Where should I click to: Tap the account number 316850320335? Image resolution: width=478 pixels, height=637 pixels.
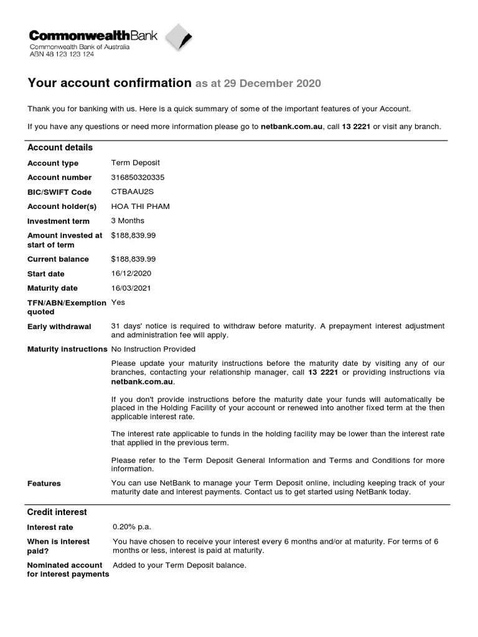point(138,177)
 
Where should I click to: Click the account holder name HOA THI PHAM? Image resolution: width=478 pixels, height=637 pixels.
point(140,206)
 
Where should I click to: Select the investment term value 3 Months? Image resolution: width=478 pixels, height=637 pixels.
point(128,221)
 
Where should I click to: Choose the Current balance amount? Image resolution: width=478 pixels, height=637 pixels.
point(133,259)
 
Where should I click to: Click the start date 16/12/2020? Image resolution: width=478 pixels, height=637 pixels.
point(131,274)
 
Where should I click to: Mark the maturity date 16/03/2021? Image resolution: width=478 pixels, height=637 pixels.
point(131,288)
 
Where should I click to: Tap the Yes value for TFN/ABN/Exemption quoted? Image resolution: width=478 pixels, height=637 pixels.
point(118,302)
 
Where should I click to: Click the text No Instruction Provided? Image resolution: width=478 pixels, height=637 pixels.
point(153,349)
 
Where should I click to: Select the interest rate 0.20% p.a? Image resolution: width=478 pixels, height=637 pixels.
point(132,527)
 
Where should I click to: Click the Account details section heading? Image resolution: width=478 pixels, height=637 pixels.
point(60,147)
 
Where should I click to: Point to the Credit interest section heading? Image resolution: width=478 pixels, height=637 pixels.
point(57,512)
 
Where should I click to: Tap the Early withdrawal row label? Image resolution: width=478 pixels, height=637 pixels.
point(59,327)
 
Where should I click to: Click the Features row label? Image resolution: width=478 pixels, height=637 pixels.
point(44,483)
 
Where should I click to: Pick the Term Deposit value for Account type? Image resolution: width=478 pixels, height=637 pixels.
point(135,163)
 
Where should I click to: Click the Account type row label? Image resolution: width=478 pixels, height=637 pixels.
point(53,163)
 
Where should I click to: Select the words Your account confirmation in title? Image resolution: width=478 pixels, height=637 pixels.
point(110,83)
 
